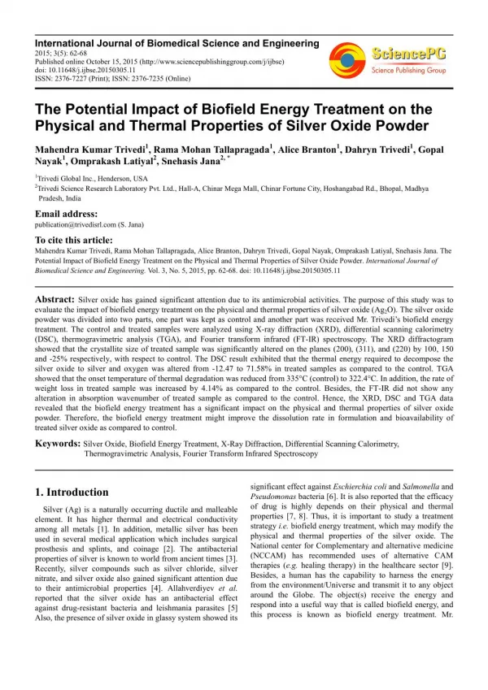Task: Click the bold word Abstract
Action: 55,300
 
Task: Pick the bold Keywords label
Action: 58,445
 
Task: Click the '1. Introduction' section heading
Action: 72,492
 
